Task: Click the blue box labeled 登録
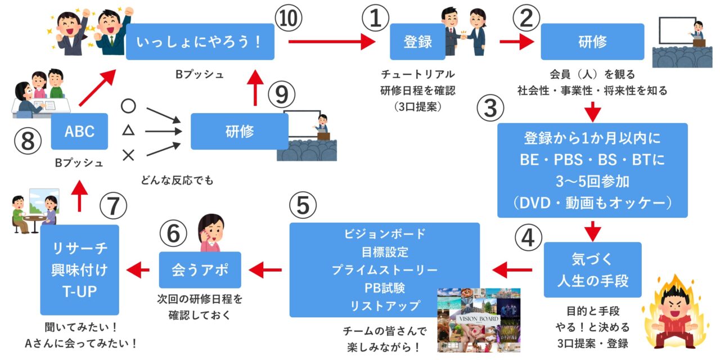(x=417, y=42)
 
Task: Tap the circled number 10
(x=289, y=20)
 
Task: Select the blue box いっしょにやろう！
(x=200, y=42)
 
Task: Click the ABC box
(x=79, y=131)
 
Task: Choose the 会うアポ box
(x=200, y=270)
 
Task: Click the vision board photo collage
(x=479, y=319)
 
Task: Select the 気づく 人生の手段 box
(x=592, y=269)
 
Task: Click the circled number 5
(x=303, y=206)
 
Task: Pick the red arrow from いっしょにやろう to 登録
(x=331, y=42)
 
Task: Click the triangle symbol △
(x=128, y=131)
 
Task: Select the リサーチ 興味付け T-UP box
(x=80, y=269)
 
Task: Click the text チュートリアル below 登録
(x=417, y=74)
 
